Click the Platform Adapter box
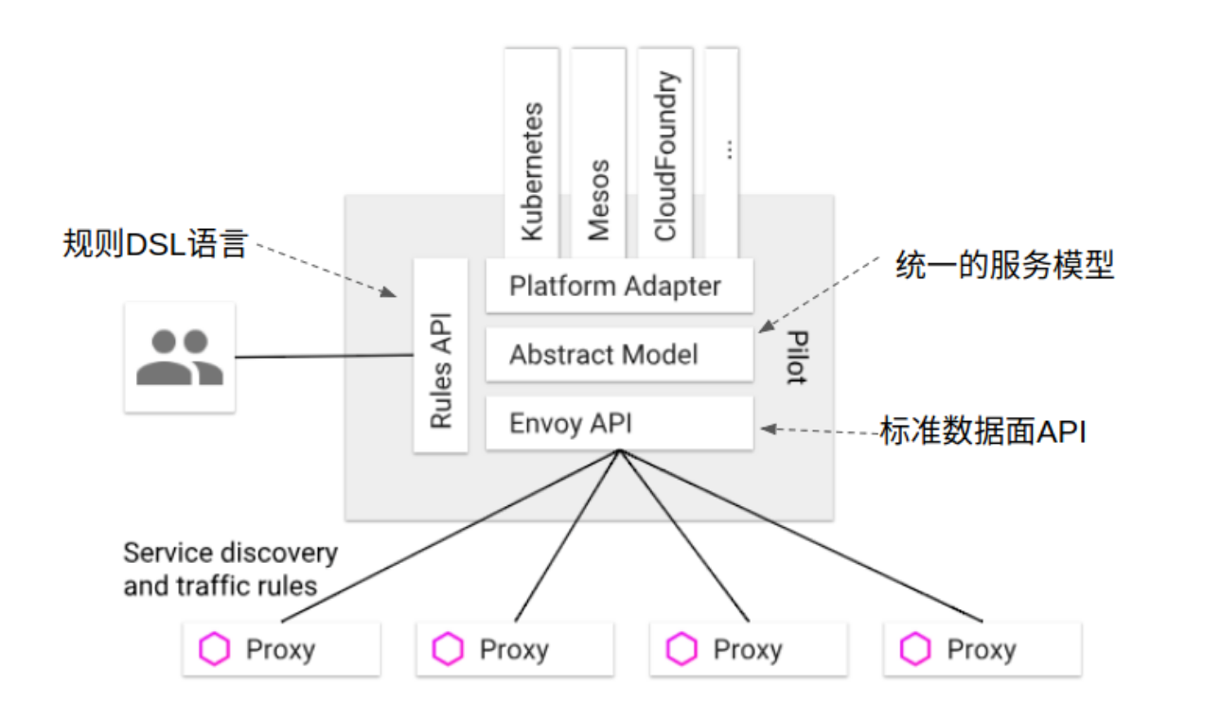coord(619,286)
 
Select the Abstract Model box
coord(619,355)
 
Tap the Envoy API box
coord(619,423)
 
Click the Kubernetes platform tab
coord(532,156)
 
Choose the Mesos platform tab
coord(598,156)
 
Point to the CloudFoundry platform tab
coord(665,156)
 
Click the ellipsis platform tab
coord(723,151)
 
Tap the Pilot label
coord(797,358)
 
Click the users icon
coord(179,357)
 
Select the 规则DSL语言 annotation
coord(154,245)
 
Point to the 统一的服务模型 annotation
coord(1004,266)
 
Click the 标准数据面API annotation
coord(982,431)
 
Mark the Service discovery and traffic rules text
coord(230,569)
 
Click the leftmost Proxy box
coord(281,649)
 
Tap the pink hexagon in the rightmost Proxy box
coord(914,649)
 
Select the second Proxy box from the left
coord(515,649)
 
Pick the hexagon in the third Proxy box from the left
coord(681,649)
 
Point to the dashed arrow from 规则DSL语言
coord(327,269)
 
